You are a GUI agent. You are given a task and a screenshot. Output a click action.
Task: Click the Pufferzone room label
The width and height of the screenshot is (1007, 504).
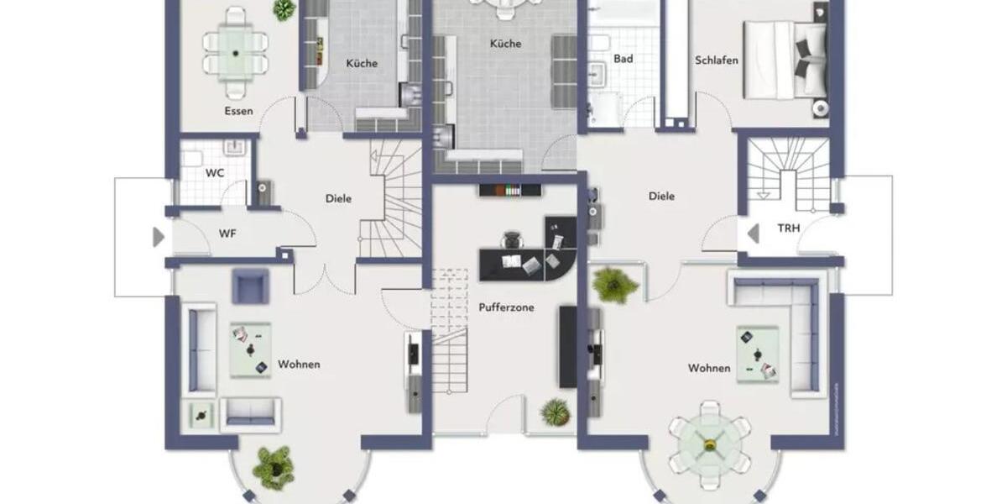[506, 307]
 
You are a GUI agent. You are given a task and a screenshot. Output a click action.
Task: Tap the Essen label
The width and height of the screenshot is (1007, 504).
[238, 111]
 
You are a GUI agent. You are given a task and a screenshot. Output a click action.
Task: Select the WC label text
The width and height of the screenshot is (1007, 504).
[214, 173]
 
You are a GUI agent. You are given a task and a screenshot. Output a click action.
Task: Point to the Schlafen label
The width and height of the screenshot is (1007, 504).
[717, 60]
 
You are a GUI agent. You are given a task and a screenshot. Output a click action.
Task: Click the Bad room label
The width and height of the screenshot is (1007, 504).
[623, 59]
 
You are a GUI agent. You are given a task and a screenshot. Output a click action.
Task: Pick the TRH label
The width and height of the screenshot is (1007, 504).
[788, 228]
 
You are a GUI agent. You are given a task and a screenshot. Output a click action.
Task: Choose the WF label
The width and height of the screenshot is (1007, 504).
[227, 234]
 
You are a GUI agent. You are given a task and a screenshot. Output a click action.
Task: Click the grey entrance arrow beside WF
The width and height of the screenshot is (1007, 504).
[158, 237]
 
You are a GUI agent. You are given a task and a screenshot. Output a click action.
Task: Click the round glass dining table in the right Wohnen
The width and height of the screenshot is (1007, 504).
[710, 444]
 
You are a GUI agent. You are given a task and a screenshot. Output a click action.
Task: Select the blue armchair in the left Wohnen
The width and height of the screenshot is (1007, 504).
[250, 286]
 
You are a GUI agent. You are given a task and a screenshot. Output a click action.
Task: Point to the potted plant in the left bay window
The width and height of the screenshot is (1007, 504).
[273, 467]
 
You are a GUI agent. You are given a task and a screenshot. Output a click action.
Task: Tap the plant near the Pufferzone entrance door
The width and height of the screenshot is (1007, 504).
[555, 412]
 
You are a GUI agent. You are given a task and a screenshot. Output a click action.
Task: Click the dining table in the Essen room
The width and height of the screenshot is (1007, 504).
[236, 53]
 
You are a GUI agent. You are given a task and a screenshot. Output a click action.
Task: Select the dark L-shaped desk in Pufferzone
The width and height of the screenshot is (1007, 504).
[529, 256]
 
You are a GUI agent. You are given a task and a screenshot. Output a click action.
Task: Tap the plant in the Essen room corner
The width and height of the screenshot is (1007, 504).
[284, 9]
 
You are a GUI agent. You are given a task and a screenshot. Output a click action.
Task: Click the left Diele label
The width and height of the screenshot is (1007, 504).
[338, 199]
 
